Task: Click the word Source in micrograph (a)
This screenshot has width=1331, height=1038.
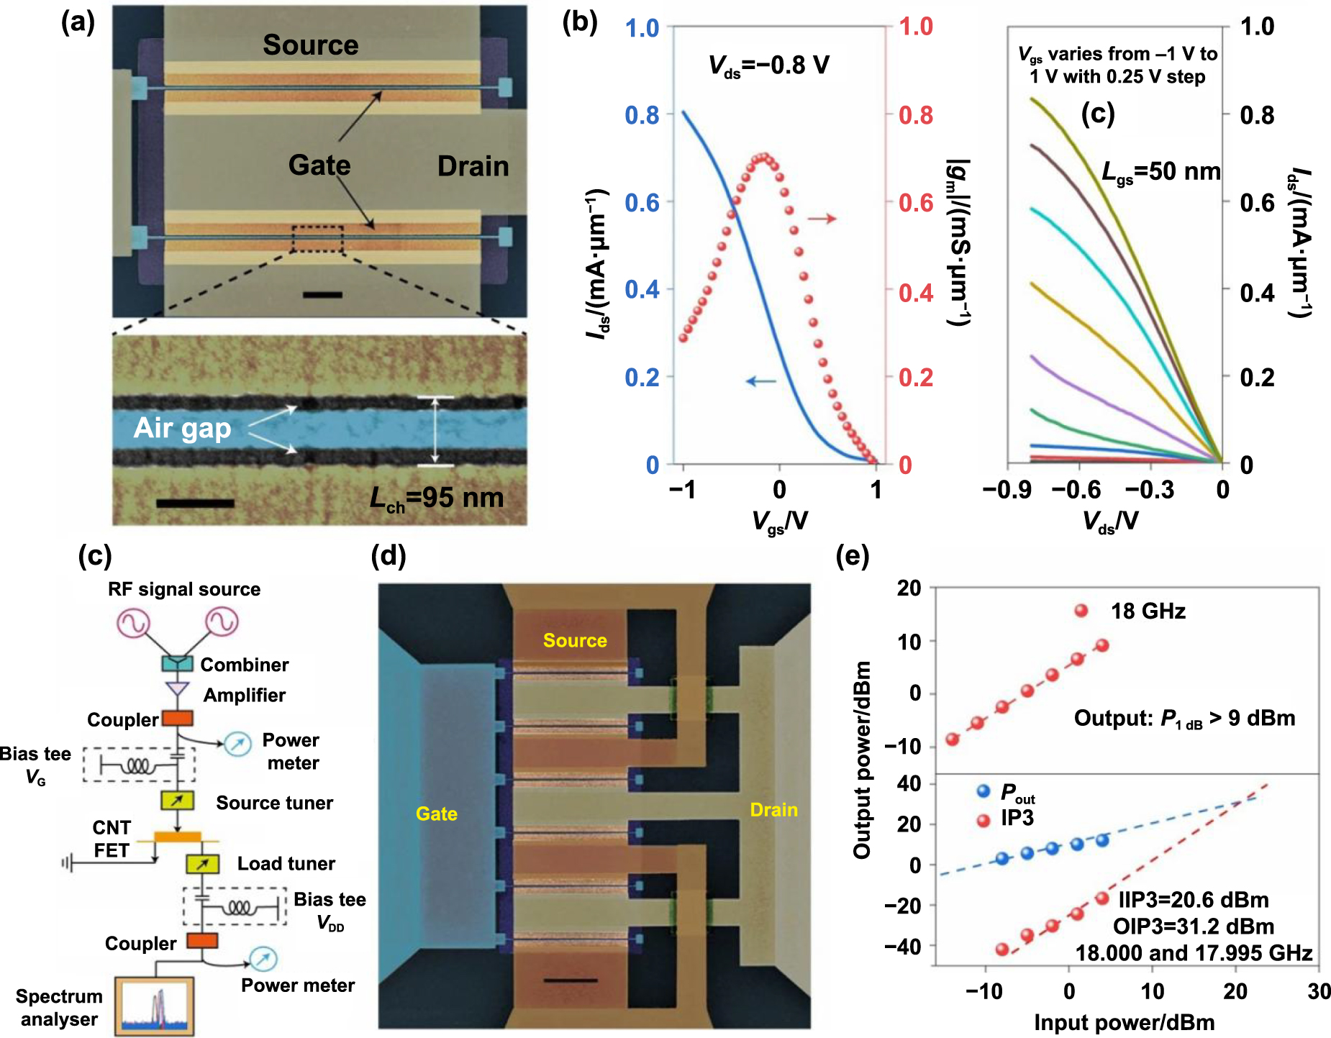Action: pos(310,45)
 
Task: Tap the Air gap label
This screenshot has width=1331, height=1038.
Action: pos(182,428)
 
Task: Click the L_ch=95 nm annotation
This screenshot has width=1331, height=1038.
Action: pos(437,498)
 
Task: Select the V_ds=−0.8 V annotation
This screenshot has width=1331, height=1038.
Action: pos(768,65)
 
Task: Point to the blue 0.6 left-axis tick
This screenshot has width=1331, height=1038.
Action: pos(641,203)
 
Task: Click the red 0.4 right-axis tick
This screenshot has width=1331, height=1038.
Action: pos(916,293)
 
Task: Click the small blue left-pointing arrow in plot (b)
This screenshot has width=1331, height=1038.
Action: pos(760,381)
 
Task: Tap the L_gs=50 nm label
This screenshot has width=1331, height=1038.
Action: pos(1160,172)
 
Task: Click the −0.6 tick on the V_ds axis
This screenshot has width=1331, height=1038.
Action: pos(1076,490)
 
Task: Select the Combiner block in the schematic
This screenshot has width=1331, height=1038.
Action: pos(177,663)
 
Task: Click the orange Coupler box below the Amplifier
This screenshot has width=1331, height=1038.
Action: pos(177,718)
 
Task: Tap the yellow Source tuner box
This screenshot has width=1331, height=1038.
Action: pos(177,800)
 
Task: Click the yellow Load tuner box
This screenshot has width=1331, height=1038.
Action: pos(202,863)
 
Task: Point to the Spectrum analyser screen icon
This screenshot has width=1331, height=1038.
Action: pos(155,1006)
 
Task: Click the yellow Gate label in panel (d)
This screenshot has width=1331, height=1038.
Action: pos(437,814)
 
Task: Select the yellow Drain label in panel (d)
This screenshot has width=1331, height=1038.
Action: pos(773,810)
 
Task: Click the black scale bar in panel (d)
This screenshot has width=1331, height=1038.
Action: pos(570,980)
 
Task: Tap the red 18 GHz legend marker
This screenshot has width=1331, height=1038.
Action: pos(1081,611)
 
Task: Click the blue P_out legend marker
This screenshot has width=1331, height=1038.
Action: pos(984,791)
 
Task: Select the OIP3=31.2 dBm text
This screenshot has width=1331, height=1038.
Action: pos(1193,927)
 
